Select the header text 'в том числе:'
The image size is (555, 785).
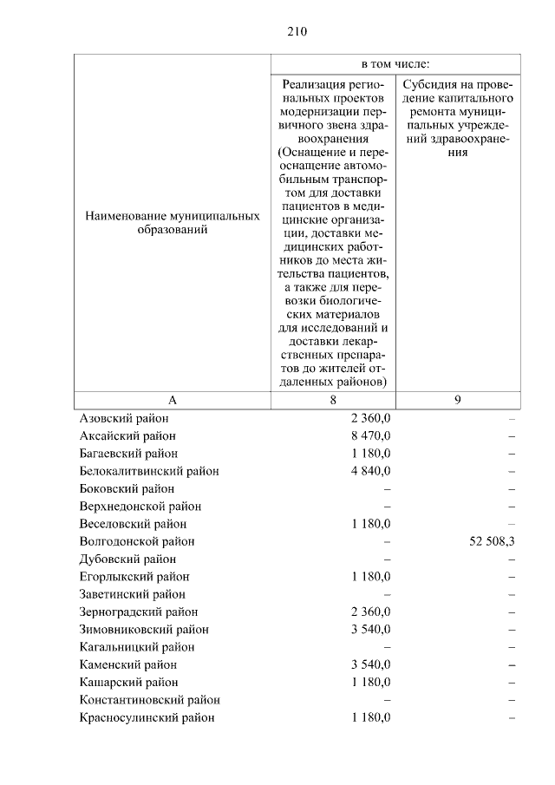pyautogui.click(x=395, y=64)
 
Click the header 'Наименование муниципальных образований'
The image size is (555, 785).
pyautogui.click(x=172, y=224)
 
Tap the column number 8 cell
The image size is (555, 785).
pyautogui.click(x=333, y=400)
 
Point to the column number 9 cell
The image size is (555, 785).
pyautogui.click(x=458, y=400)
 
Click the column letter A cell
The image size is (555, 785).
pyautogui.click(x=172, y=400)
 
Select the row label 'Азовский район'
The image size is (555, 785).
pyautogui.click(x=123, y=418)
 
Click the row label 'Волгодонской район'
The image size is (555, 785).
pyautogui.click(x=135, y=541)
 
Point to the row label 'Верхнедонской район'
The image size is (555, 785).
pyautogui.click(x=140, y=507)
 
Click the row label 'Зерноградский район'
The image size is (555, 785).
pyautogui.click(x=138, y=612)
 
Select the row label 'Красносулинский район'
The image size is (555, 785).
pyautogui.click(x=146, y=718)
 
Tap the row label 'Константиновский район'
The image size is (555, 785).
pyautogui.click(x=148, y=700)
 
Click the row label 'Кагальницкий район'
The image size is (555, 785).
pyautogui.click(x=135, y=647)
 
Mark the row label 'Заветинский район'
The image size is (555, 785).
pyautogui.click(x=132, y=594)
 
